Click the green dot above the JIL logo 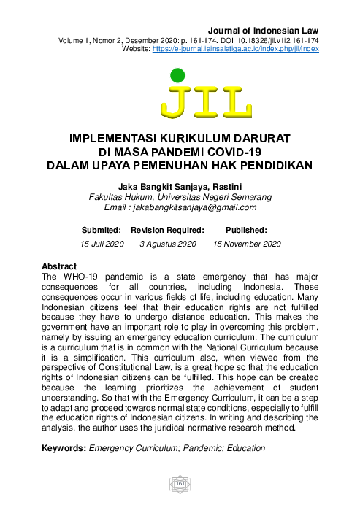(x=177, y=74)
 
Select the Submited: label (x=102, y=230)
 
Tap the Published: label (x=246, y=230)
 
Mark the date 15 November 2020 (x=247, y=244)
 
